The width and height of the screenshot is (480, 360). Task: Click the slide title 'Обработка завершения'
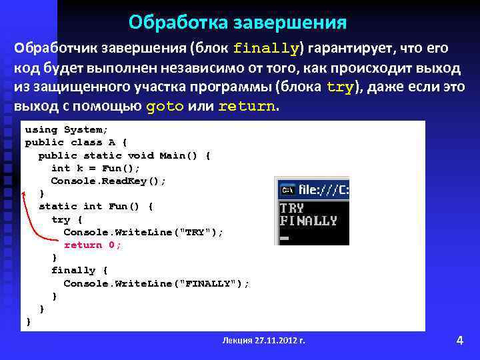tap(237, 23)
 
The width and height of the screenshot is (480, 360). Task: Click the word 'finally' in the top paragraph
tap(266, 49)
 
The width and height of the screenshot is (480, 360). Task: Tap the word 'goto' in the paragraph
tap(163, 107)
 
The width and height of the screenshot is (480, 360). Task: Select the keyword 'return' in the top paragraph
tap(246, 107)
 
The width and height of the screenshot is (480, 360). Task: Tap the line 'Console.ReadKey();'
tap(108, 181)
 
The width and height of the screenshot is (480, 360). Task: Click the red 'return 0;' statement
tap(93, 245)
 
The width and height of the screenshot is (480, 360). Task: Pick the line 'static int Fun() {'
tap(96, 206)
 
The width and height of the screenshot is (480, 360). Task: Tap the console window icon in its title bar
tap(287, 189)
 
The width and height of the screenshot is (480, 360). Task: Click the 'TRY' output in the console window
tap(292, 208)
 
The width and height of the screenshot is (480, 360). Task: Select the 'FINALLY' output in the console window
tap(308, 221)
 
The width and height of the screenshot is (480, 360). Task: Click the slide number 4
tap(459, 340)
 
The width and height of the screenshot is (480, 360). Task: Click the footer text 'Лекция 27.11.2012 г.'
tap(264, 340)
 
